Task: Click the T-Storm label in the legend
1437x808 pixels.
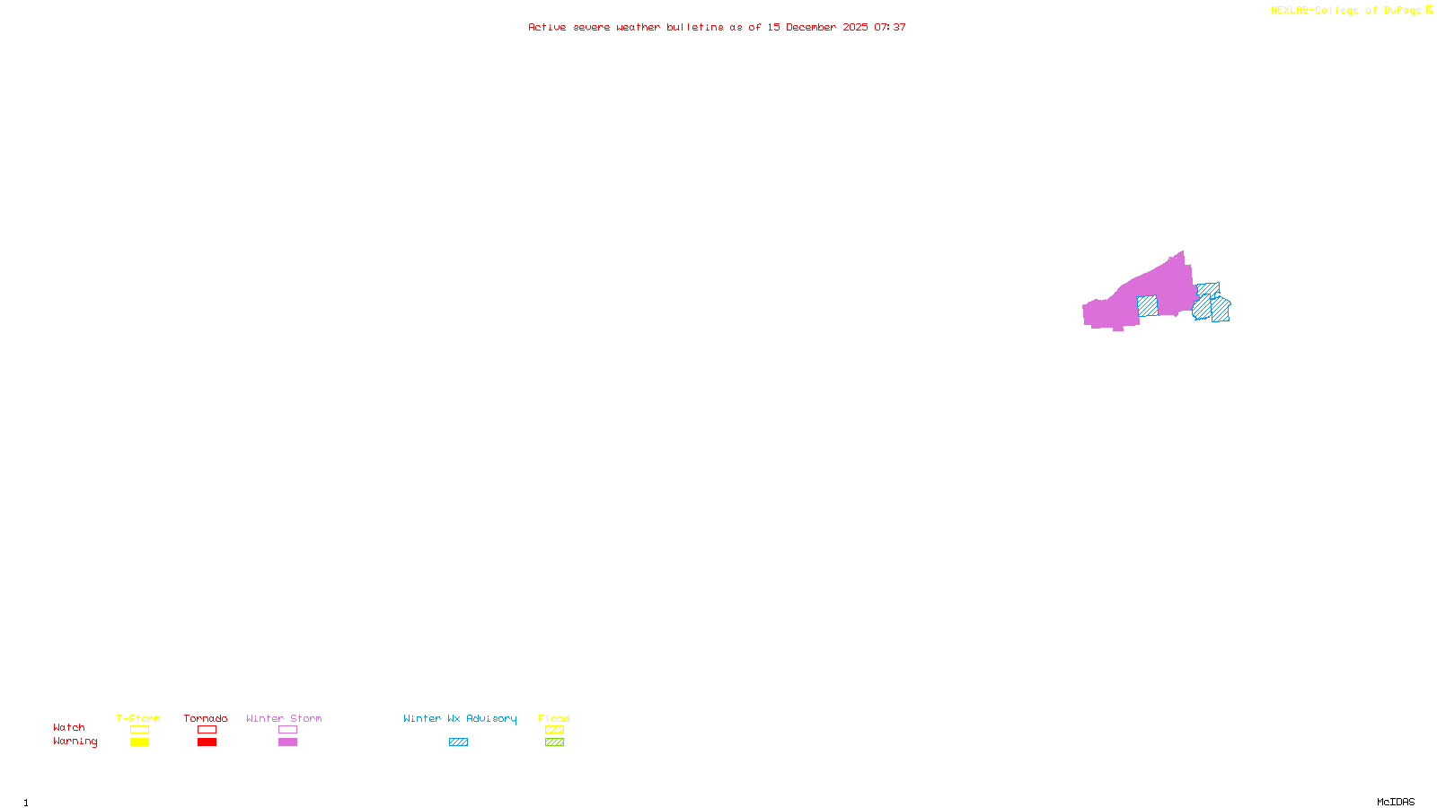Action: point(138,718)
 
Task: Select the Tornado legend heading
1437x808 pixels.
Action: point(206,718)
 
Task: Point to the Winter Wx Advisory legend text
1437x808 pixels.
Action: point(460,718)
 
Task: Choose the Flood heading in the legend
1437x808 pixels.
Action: point(554,718)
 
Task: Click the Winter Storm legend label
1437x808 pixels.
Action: point(284,718)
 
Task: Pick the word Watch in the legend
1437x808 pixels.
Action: point(69,727)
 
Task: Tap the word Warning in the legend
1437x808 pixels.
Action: point(75,742)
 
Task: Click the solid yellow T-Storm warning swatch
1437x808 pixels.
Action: point(139,742)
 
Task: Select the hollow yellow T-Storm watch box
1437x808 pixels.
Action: point(139,730)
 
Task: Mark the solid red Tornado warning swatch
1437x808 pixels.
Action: point(207,742)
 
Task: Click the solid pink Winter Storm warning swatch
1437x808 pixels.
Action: point(287,742)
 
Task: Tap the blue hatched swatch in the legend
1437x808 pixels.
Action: point(458,742)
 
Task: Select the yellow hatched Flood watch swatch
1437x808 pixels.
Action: point(554,730)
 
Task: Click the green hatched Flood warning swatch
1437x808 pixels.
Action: point(554,742)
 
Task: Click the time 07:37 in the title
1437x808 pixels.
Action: point(889,27)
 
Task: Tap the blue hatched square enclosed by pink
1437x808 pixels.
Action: point(1147,306)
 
